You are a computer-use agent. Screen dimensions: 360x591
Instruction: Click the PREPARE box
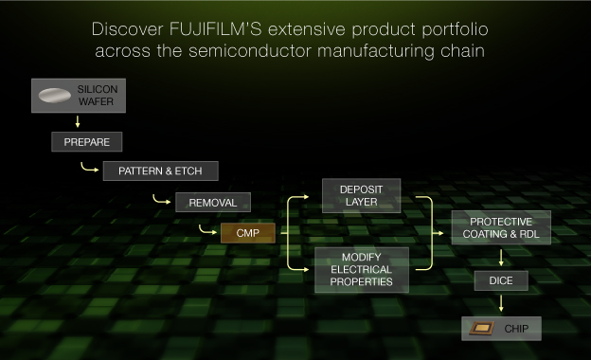click(x=87, y=143)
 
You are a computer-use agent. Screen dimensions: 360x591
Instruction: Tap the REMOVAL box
click(x=212, y=202)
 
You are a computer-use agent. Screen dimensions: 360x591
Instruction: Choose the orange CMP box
click(x=247, y=232)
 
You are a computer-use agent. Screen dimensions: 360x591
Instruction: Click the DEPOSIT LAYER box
click(x=361, y=195)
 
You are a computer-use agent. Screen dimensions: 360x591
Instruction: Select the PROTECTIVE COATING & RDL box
click(x=500, y=228)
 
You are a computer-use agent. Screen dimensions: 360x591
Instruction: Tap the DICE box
click(x=500, y=280)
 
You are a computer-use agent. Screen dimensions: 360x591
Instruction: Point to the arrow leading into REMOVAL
click(x=160, y=200)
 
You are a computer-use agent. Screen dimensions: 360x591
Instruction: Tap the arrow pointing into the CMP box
click(x=208, y=230)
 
